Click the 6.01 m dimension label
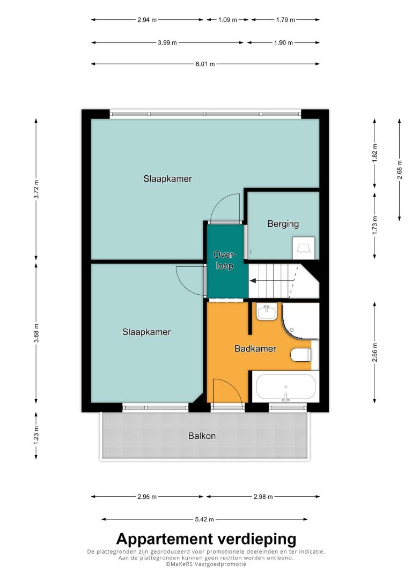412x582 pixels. tap(205, 64)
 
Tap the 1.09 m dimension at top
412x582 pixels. tap(227, 20)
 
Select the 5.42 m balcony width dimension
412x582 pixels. tap(204, 519)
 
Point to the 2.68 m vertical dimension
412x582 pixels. tap(399, 170)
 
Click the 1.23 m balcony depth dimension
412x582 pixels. tap(36, 435)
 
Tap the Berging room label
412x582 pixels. tap(283, 224)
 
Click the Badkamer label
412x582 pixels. tap(255, 348)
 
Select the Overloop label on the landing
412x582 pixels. tap(224, 260)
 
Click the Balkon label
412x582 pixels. tap(202, 436)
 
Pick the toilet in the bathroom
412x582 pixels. tap(300, 355)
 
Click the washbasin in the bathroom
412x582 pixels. tap(267, 312)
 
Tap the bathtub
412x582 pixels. tap(285, 387)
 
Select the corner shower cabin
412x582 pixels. tap(300, 322)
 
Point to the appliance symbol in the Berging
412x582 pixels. tap(304, 248)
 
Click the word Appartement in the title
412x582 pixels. tap(165, 539)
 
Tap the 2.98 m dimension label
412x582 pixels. tap(263, 497)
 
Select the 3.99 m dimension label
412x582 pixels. tap(167, 43)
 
